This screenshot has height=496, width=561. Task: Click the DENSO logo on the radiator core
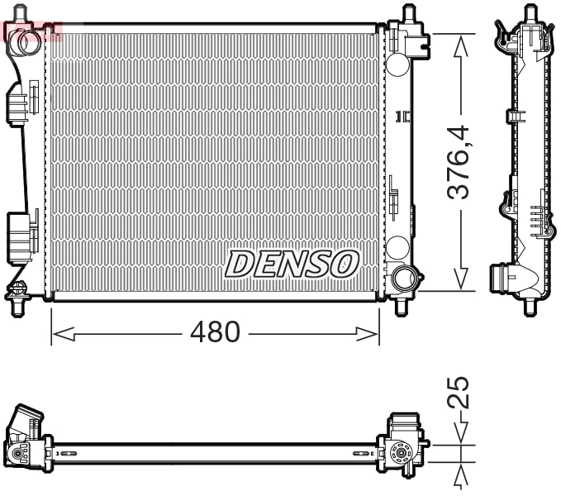click(292, 264)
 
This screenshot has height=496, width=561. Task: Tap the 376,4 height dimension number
click(459, 162)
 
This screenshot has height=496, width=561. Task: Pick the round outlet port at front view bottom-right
click(403, 278)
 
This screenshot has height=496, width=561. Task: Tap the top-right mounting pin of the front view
click(407, 16)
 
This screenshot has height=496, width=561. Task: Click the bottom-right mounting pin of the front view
click(402, 306)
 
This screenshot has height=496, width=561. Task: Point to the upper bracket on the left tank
click(19, 103)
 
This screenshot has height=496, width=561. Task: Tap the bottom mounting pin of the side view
click(530, 307)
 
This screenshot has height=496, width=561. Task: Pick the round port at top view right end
click(402, 452)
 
